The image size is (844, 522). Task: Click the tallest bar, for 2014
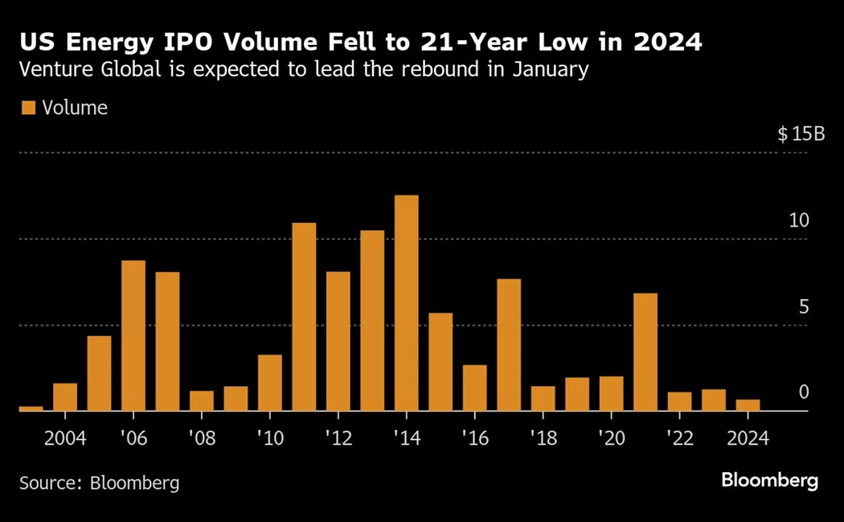point(406,303)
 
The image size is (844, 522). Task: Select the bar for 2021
point(645,352)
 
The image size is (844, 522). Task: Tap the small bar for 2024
point(748,405)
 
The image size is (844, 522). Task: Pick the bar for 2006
point(133,335)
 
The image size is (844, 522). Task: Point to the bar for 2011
point(304,317)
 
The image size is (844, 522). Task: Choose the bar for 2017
point(509,345)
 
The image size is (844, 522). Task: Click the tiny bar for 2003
point(31,409)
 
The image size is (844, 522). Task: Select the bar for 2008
point(202,401)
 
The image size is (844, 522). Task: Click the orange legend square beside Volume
point(28,108)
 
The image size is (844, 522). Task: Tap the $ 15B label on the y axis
point(801,134)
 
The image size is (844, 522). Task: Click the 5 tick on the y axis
point(803,306)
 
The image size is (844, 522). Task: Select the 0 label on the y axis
point(803,392)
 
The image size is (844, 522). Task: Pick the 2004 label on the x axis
point(64,438)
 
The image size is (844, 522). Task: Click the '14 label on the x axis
point(406,438)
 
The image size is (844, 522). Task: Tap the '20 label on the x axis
point(611,438)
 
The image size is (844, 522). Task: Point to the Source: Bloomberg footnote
point(99,483)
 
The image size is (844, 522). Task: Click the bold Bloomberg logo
point(769,481)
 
